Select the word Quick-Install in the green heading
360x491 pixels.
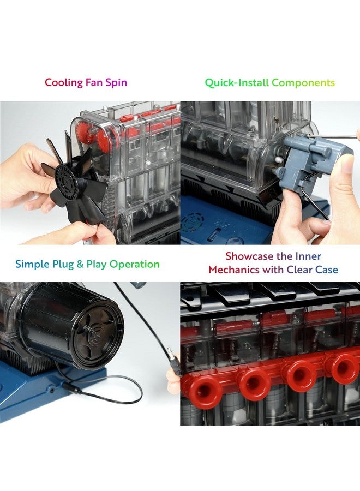237,83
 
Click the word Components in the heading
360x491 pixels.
303,83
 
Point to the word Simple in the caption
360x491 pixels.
32,265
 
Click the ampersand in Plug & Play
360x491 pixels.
80,265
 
